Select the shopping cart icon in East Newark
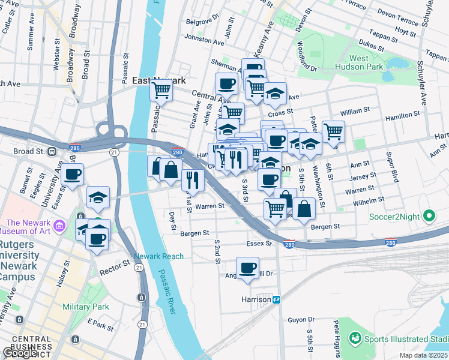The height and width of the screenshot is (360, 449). point(161,90)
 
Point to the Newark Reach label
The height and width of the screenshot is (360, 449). point(158,256)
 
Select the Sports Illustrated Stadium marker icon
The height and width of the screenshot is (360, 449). point(355,339)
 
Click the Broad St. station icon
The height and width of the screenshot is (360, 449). point(52,151)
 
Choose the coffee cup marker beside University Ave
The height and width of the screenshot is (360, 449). point(72,175)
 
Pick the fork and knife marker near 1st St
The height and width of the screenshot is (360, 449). point(193,179)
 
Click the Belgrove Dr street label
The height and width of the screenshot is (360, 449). point(198,22)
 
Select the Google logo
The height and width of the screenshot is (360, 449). point(20,353)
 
